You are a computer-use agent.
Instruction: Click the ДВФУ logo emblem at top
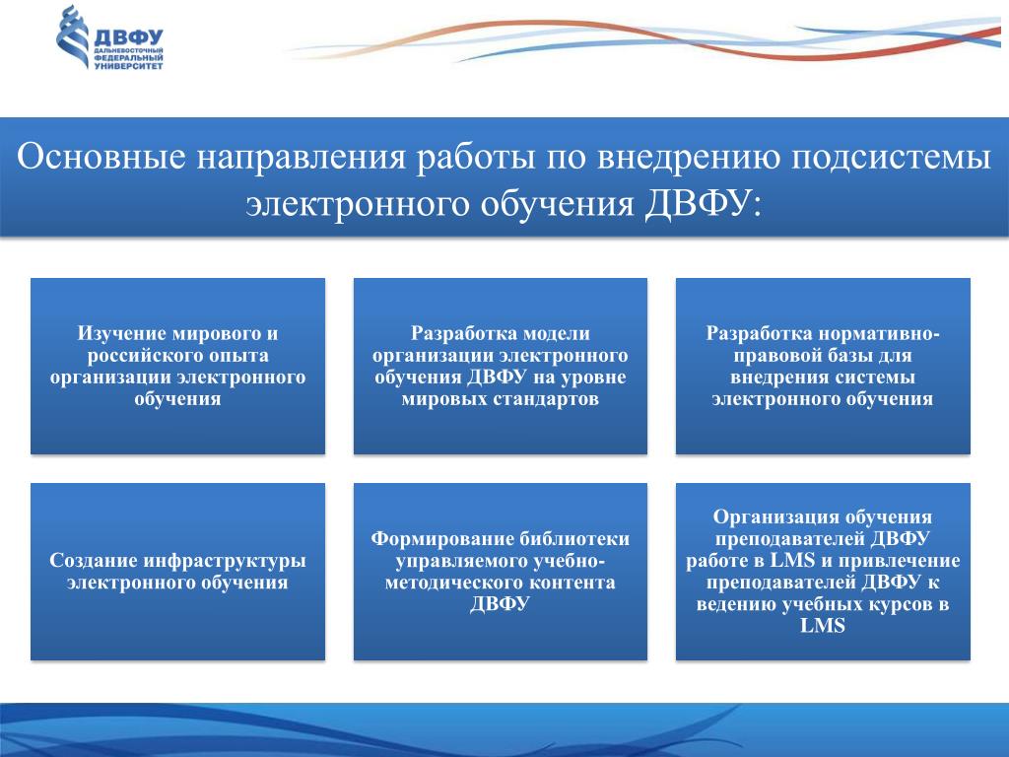coord(73,36)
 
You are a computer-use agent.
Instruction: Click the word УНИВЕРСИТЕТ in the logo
coord(129,66)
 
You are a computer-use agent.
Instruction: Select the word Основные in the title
coord(101,157)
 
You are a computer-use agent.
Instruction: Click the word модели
coord(556,333)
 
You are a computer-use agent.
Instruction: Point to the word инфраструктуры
coord(224,562)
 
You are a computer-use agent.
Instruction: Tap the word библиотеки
coord(574,539)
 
